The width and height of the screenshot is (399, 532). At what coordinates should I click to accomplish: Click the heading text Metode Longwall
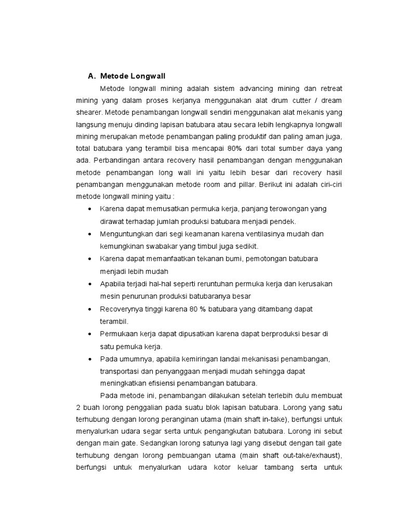(x=132, y=76)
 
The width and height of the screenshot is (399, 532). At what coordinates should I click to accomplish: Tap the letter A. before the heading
(x=92, y=76)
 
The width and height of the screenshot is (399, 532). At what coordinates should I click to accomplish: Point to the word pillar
(x=252, y=184)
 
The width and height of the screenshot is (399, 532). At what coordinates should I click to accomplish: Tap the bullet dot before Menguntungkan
(x=90, y=234)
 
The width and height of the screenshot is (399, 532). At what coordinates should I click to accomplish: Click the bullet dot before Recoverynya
(x=90, y=309)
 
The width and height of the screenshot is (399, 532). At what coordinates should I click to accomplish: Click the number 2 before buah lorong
(x=78, y=408)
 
